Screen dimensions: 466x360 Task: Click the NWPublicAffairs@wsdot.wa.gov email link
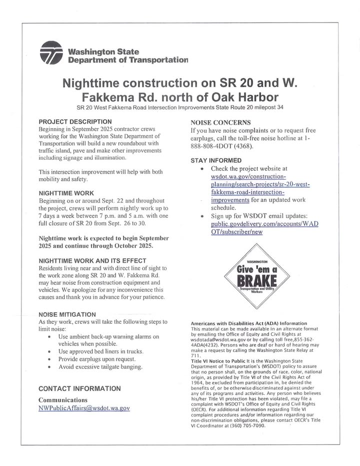point(84,408)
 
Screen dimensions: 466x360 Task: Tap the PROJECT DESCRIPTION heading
point(75,122)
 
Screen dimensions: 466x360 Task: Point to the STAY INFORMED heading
point(216,160)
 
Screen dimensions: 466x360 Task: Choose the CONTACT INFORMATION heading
point(79,388)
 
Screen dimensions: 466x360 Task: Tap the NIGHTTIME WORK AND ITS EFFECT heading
point(92,261)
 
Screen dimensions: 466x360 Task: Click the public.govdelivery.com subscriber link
point(264,228)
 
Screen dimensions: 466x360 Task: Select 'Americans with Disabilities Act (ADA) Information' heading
point(248,323)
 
